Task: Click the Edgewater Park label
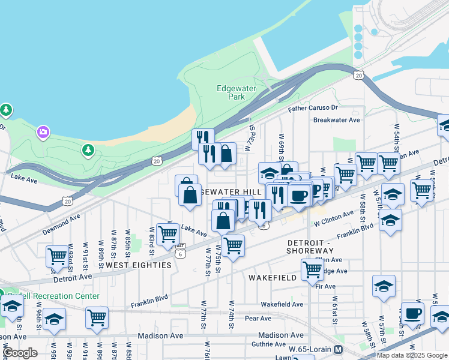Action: point(237,92)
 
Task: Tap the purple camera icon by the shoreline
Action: point(43,131)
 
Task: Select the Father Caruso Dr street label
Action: point(313,109)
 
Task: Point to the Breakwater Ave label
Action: point(336,120)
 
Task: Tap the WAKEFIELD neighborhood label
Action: point(273,278)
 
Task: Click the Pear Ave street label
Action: point(259,319)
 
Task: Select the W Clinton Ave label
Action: point(334,218)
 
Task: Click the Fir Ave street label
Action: point(325,286)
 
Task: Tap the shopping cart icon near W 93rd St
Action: point(57,256)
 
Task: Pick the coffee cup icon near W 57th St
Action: point(412,313)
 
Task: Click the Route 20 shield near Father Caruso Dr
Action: point(358,74)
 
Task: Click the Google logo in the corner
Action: point(19,353)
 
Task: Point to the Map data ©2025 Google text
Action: point(412,355)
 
